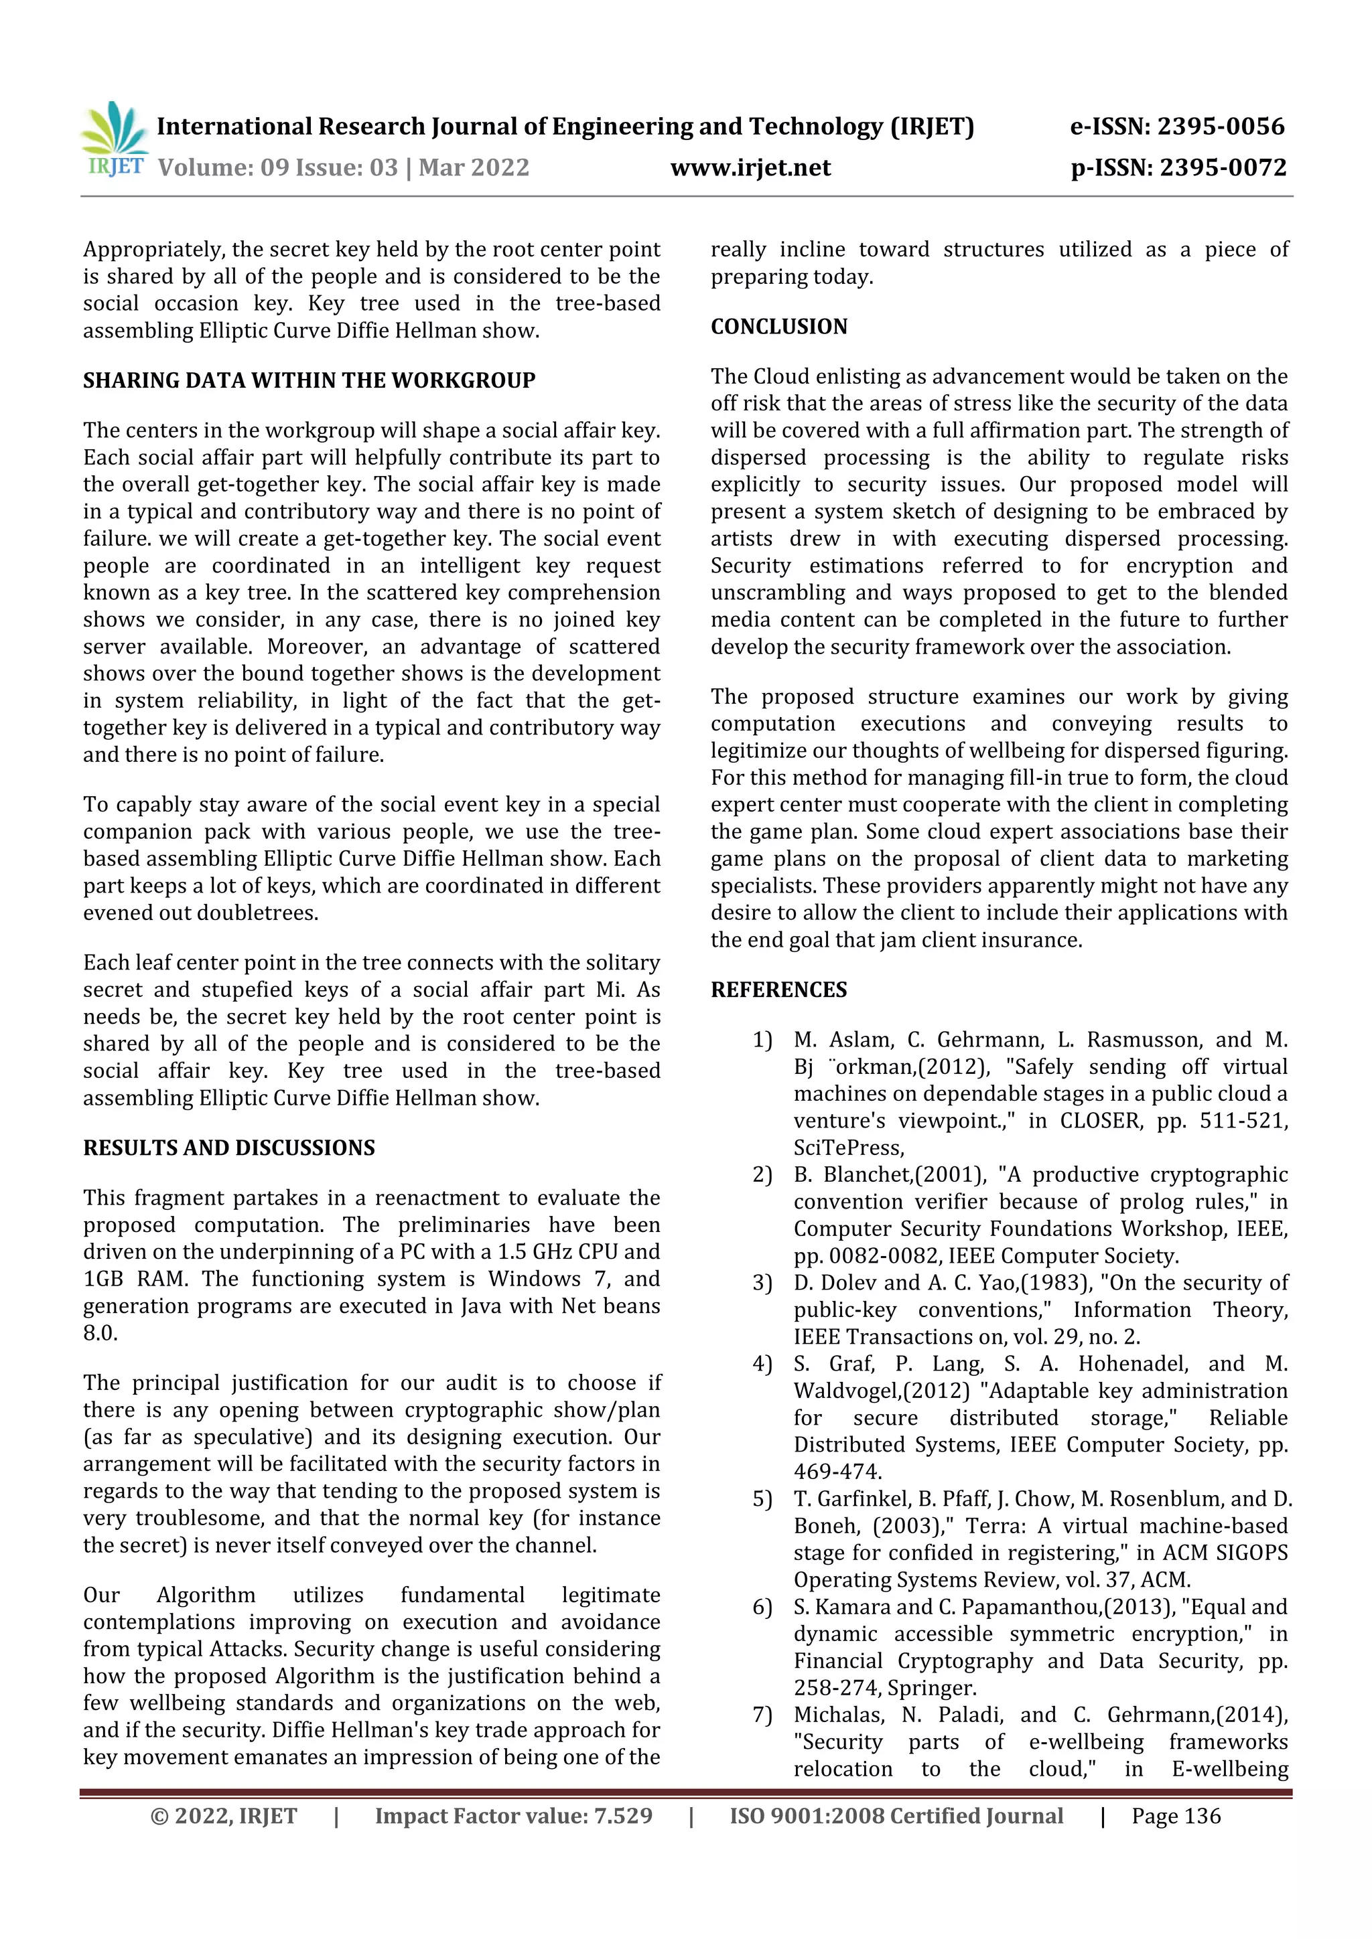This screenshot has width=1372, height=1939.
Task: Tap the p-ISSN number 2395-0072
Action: coord(1223,167)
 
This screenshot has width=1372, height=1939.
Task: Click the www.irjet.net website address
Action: coord(750,167)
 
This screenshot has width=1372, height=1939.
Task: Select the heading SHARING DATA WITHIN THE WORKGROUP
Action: coord(310,380)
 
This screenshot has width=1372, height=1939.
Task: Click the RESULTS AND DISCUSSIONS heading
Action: coord(229,1148)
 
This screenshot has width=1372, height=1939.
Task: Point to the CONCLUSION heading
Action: coord(778,327)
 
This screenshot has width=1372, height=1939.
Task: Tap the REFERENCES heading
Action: coord(778,990)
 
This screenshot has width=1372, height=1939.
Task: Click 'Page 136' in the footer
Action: coord(1176,1816)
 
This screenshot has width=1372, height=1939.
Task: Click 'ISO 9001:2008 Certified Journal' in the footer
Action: coord(896,1816)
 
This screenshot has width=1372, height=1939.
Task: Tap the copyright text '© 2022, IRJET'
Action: coord(223,1816)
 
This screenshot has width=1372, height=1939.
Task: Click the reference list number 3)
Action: coord(762,1283)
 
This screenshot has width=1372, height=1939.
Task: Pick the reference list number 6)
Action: coord(762,1607)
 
